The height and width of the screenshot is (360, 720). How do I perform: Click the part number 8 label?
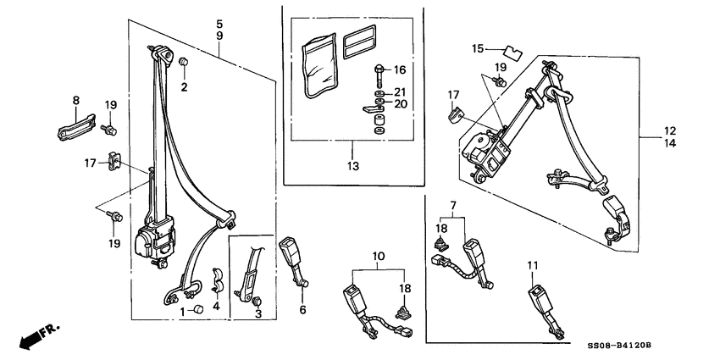point(75,101)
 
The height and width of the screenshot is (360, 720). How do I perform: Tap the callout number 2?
point(184,87)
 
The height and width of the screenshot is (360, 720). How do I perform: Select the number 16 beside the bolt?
point(400,69)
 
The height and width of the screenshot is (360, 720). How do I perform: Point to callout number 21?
point(400,91)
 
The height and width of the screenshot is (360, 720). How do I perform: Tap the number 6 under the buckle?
point(302,310)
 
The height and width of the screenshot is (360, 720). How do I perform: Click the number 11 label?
point(533,266)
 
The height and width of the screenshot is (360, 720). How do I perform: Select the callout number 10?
point(379,255)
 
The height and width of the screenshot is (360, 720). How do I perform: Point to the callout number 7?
point(453,206)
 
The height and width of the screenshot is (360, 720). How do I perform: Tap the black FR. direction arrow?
point(31,336)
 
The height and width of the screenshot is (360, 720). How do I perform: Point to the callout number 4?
point(215,307)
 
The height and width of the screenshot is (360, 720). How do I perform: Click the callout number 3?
point(258,313)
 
